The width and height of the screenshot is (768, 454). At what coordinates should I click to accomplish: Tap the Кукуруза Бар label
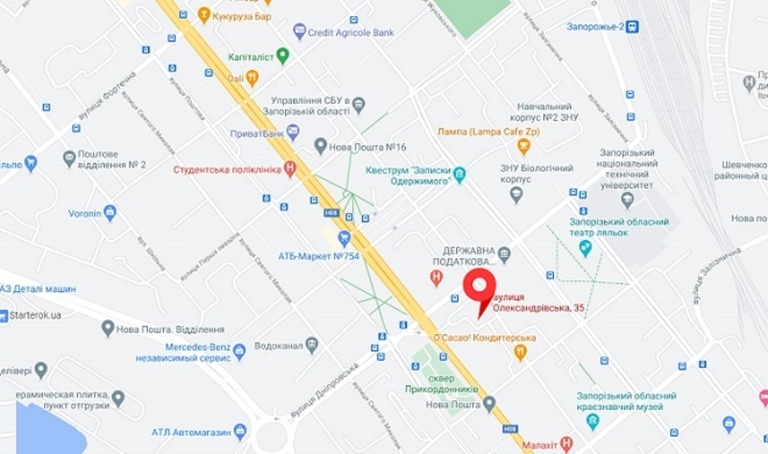(x=249, y=15)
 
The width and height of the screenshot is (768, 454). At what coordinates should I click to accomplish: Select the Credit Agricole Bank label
(x=350, y=32)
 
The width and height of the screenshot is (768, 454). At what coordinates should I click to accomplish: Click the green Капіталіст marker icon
(x=282, y=56)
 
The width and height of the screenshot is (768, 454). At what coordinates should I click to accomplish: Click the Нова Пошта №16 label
(x=369, y=146)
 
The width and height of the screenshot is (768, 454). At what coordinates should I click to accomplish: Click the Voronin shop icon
(x=109, y=212)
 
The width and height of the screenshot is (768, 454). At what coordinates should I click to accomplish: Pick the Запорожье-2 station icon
(x=633, y=27)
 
